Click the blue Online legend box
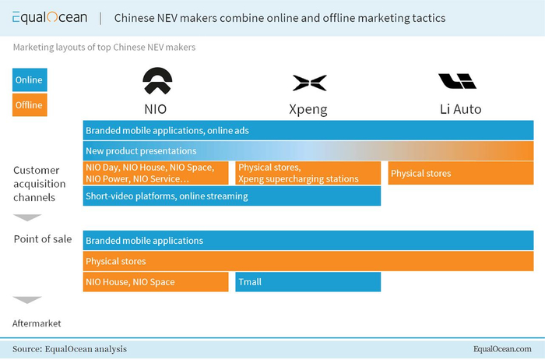30,79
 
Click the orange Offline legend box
30,104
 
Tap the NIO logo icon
157,81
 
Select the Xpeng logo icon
309,83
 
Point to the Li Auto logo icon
457,81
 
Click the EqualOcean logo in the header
50,17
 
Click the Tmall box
308,282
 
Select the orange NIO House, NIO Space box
156,282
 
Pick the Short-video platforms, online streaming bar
232,196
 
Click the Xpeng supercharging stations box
308,173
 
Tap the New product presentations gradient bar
308,150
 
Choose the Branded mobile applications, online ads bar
308,130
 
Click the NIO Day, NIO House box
156,173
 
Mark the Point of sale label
43,239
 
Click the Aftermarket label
37,323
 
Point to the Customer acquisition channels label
39,184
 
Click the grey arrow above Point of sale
27,217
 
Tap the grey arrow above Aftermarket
27,300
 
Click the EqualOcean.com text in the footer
502,349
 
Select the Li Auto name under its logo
461,109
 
